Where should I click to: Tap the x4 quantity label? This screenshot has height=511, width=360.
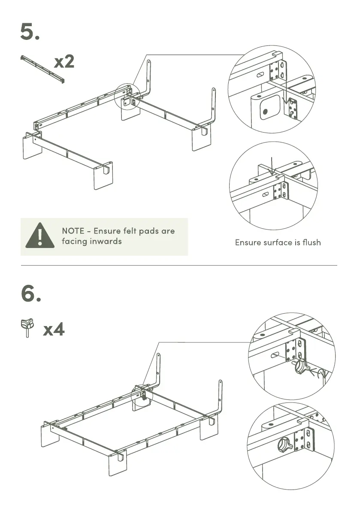54,330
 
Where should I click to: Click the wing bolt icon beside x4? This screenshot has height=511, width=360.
27,328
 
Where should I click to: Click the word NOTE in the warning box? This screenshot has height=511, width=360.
73,231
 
